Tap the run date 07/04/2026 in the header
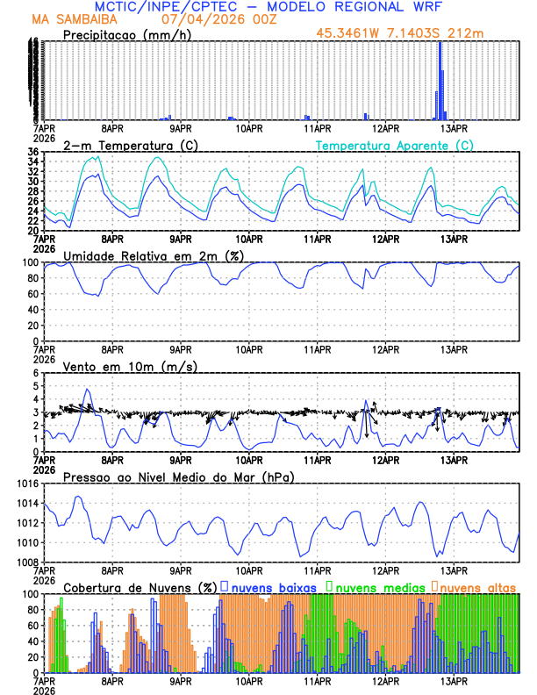pos(207,19)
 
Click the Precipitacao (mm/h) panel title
pos(126,35)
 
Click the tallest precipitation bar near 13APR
pos(440,79)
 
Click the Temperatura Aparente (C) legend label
pos(395,145)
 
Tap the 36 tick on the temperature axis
pos(32,153)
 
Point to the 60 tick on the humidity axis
pos(32,294)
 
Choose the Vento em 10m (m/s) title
pos(130,366)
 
